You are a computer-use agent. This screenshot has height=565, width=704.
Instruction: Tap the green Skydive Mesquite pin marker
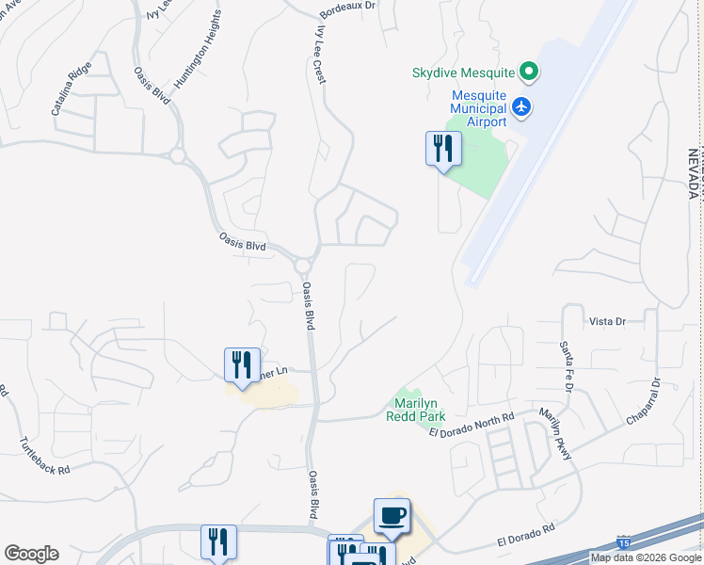[529, 72]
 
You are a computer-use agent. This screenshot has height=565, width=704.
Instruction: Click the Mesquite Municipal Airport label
[479, 108]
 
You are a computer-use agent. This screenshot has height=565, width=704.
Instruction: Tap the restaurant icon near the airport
[443, 149]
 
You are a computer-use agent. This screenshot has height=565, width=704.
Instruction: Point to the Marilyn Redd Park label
[414, 408]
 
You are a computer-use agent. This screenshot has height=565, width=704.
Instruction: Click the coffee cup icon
[392, 516]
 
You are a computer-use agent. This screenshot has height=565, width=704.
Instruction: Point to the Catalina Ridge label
[71, 89]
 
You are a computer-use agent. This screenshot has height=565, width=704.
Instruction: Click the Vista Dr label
[607, 321]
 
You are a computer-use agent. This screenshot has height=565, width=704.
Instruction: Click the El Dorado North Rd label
[472, 425]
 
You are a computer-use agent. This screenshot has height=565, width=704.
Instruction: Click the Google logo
[31, 554]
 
